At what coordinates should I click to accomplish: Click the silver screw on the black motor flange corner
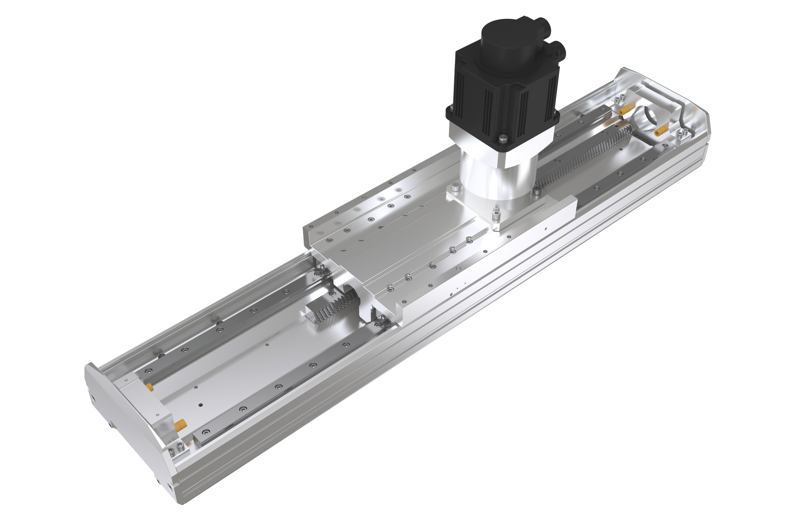(x=503, y=137)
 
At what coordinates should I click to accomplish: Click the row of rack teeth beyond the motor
(x=581, y=157)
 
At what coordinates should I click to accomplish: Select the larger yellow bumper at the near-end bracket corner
(x=180, y=425)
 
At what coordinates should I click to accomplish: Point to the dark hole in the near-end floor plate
(x=201, y=405)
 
